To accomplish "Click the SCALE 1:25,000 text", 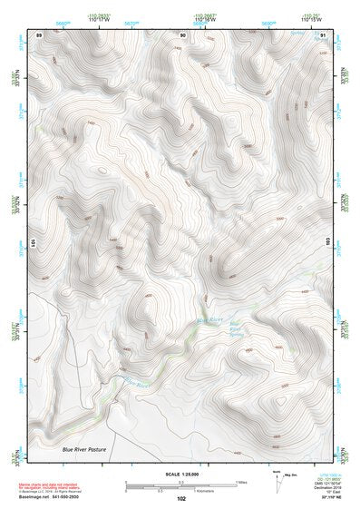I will coord(180,474).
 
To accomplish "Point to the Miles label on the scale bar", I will coord(241,482).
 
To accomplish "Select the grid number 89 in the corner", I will coord(39,34).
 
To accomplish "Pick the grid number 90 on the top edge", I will coord(183,34).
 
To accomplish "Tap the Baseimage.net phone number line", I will coord(54,497).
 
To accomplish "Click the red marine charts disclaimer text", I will coord(54,476).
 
